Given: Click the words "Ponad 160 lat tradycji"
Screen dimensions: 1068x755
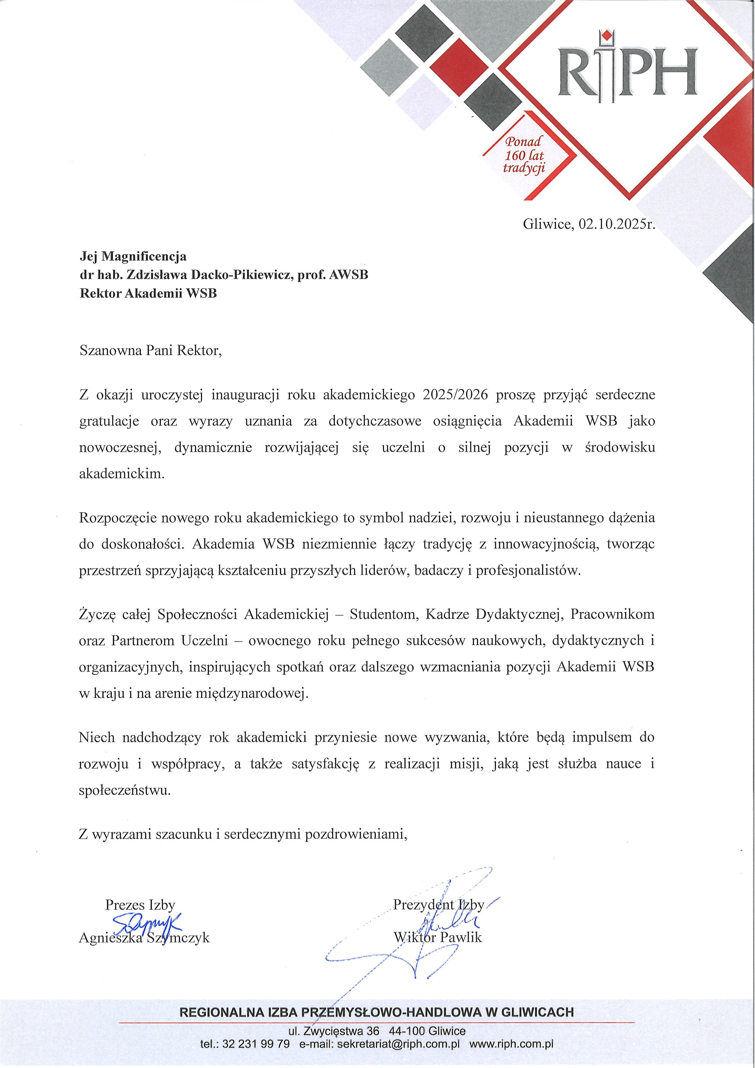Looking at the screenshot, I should coord(524,155).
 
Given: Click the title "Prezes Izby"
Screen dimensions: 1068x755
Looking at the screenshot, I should coord(140,905).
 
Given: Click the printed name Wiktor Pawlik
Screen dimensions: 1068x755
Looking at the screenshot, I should coord(437,937).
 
